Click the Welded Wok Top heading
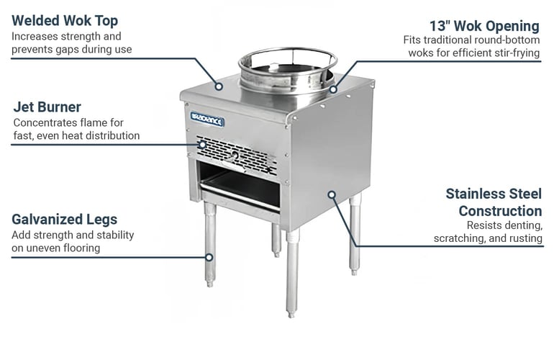(x=65, y=21)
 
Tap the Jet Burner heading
(x=47, y=107)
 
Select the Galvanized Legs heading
(x=64, y=220)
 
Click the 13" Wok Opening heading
(x=484, y=26)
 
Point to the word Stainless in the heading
(x=470, y=194)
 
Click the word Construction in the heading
(x=500, y=211)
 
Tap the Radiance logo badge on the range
(x=207, y=120)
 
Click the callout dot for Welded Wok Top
(x=219, y=86)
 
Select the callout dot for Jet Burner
(x=202, y=145)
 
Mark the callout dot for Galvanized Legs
(x=209, y=257)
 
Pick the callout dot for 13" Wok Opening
(x=333, y=89)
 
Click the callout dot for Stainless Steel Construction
(x=332, y=194)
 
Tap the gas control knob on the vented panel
(x=235, y=156)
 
